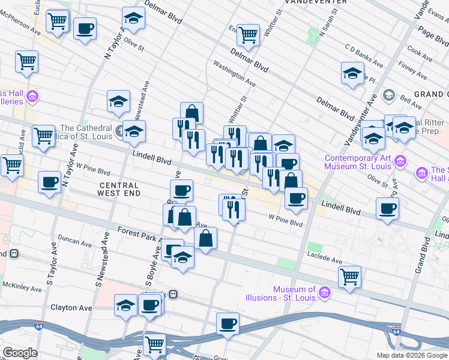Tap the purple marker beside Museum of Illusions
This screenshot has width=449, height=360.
tap(325, 293)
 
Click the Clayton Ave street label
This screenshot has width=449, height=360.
tap(71, 308)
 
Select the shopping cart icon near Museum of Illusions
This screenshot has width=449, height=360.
tap(349, 277)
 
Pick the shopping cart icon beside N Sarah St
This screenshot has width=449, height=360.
tap(248, 35)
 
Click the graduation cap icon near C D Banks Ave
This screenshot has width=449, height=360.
tap(352, 74)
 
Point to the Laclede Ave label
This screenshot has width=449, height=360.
tap(325, 261)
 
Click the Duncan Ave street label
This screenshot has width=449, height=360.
tap(76, 241)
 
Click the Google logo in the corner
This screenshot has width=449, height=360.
tap(20, 353)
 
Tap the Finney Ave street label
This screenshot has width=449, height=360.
tap(412, 69)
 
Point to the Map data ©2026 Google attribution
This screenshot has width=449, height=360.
tap(412, 355)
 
